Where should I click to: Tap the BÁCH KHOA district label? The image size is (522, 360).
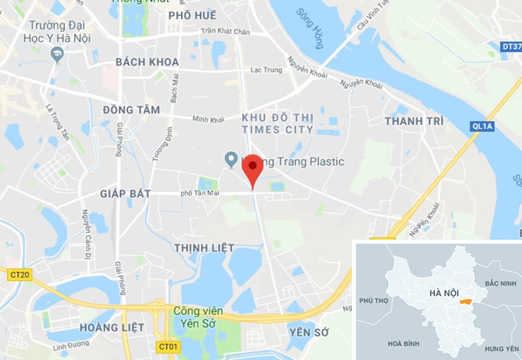point(147,62)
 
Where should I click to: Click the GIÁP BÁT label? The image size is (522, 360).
point(125,194)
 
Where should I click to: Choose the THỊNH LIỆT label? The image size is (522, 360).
point(204,248)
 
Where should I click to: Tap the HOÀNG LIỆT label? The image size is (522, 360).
point(111,327)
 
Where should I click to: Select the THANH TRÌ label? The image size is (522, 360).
point(414,121)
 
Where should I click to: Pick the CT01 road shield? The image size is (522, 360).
point(168,347)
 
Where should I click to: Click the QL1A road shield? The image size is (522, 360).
point(482,125)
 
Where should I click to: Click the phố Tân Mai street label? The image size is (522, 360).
point(199,193)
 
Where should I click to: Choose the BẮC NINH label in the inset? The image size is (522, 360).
point(500,283)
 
